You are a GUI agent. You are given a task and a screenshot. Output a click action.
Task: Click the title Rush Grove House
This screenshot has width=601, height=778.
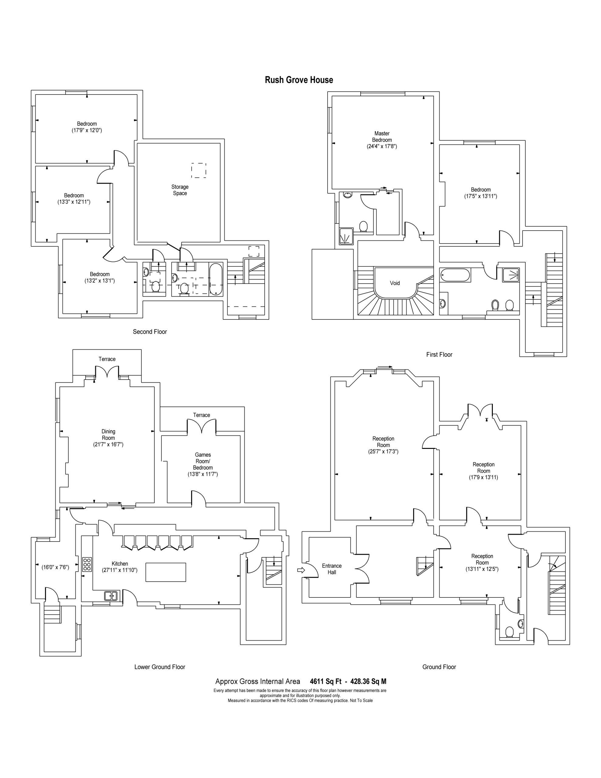coord(299,80)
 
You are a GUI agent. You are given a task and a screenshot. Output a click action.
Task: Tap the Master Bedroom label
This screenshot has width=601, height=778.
coord(382,137)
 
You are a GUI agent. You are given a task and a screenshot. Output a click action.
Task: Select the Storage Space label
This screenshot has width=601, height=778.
coord(180,190)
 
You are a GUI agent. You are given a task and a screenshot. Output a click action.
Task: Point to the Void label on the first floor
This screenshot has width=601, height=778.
coord(395,283)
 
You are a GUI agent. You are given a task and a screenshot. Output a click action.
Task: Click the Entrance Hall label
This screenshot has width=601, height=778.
coord(332,569)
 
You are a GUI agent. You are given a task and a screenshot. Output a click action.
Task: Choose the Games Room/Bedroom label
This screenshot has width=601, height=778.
coord(203,461)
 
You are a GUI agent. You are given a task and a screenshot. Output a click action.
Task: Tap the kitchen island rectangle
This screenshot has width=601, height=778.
coord(166,572)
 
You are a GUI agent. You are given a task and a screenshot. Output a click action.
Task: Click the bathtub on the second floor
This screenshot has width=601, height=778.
coord(215,279)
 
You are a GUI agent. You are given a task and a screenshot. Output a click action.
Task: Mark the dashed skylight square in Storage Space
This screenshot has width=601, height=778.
coord(198,170)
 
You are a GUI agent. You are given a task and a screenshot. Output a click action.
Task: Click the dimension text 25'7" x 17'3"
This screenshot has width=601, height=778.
coord(383,451)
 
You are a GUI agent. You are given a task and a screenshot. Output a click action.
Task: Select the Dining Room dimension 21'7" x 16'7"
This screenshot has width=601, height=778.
coord(108,444)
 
